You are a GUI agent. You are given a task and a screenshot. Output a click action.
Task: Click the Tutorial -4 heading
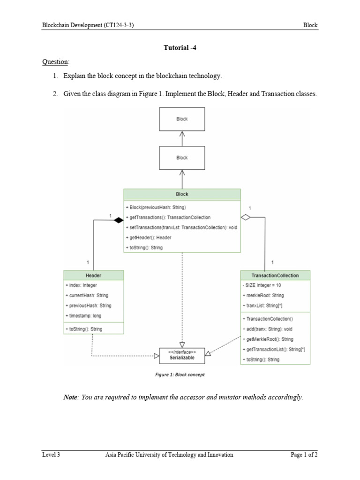[x=180, y=48]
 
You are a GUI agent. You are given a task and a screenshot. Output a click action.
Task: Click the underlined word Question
[x=55, y=62]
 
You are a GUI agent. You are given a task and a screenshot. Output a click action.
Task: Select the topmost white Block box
[x=182, y=119]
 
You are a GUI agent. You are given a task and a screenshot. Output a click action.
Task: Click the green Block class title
[x=182, y=194]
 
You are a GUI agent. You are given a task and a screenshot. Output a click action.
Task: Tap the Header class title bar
[x=93, y=275]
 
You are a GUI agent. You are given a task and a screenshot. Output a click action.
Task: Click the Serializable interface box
[x=182, y=354]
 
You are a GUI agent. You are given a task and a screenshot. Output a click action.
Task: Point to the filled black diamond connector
[x=118, y=219]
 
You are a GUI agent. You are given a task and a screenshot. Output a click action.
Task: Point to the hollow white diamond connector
[x=246, y=217]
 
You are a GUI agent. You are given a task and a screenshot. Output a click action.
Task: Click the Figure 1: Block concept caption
[x=180, y=375]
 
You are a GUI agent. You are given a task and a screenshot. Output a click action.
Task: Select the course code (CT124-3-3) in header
[x=116, y=26]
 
